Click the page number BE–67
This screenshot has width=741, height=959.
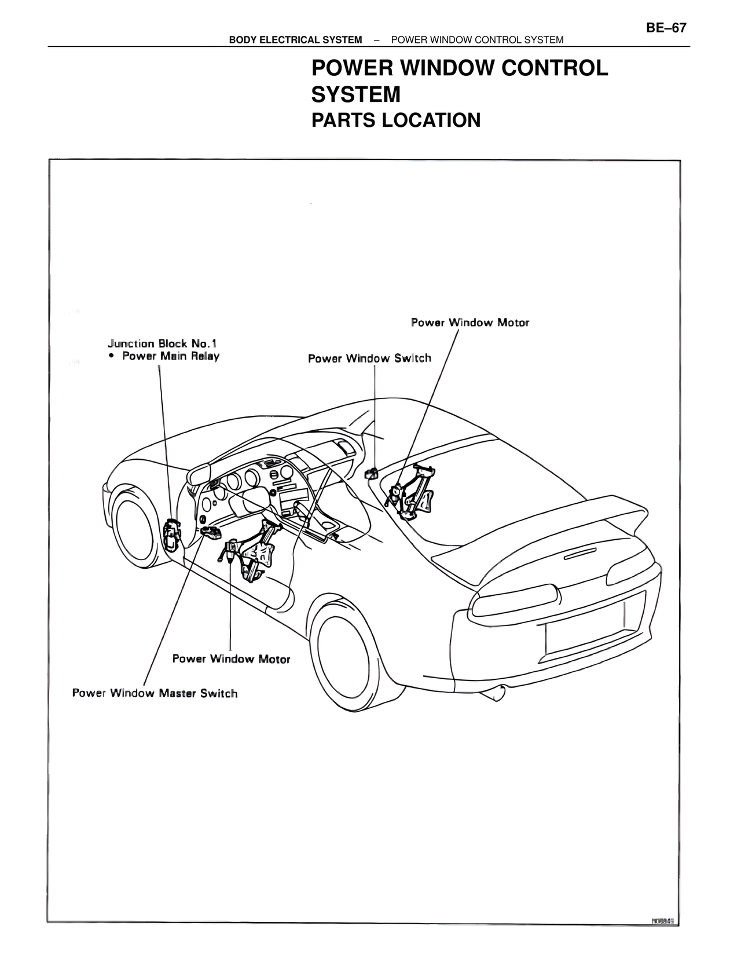(x=666, y=28)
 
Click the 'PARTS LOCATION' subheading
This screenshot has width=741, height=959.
(x=396, y=120)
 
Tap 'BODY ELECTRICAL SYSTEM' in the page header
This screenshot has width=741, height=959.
(x=295, y=40)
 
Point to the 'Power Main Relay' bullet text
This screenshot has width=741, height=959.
(x=171, y=356)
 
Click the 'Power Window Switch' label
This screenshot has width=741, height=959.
(x=369, y=358)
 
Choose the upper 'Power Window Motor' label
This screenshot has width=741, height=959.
(x=469, y=323)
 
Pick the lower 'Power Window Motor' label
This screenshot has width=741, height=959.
(x=231, y=659)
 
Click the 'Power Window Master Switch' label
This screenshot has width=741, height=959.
(x=155, y=693)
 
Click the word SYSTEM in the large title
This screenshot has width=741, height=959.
(x=355, y=94)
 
